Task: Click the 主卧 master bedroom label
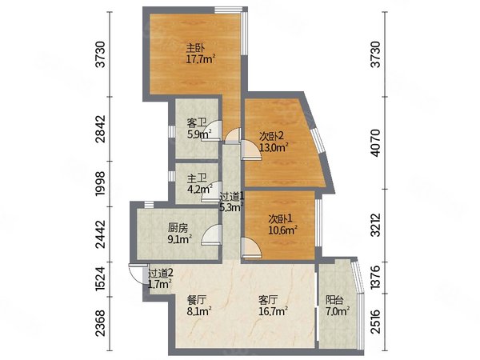pos(196,48)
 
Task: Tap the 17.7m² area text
pos(201,58)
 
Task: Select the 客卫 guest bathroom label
pos(196,123)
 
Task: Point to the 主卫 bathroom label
pos(197,178)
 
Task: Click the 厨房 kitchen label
pos(178,228)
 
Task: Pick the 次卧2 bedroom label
pos(272,136)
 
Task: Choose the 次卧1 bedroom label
pos(281,218)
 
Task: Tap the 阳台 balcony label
pos(334,300)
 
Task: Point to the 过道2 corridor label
pos(161,273)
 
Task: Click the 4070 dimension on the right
pos(376,143)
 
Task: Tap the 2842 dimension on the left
pos(100,129)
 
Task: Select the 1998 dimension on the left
pos(100,184)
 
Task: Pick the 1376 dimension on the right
pos(376,277)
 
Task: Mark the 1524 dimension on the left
pos(100,279)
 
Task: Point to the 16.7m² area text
pos(273,312)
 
